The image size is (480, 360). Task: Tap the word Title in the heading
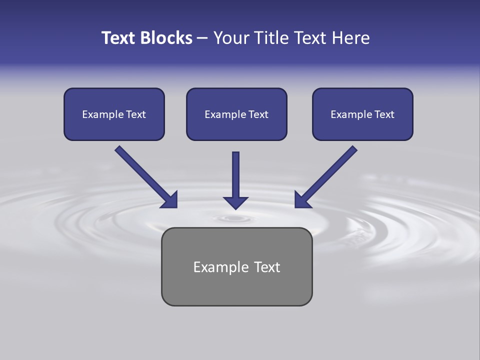coord(272,38)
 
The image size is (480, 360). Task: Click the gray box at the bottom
coord(236,287)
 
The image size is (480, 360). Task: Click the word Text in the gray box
coord(267,267)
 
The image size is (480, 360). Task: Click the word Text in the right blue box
coord(384,114)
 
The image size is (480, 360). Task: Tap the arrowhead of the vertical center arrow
coord(235,202)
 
